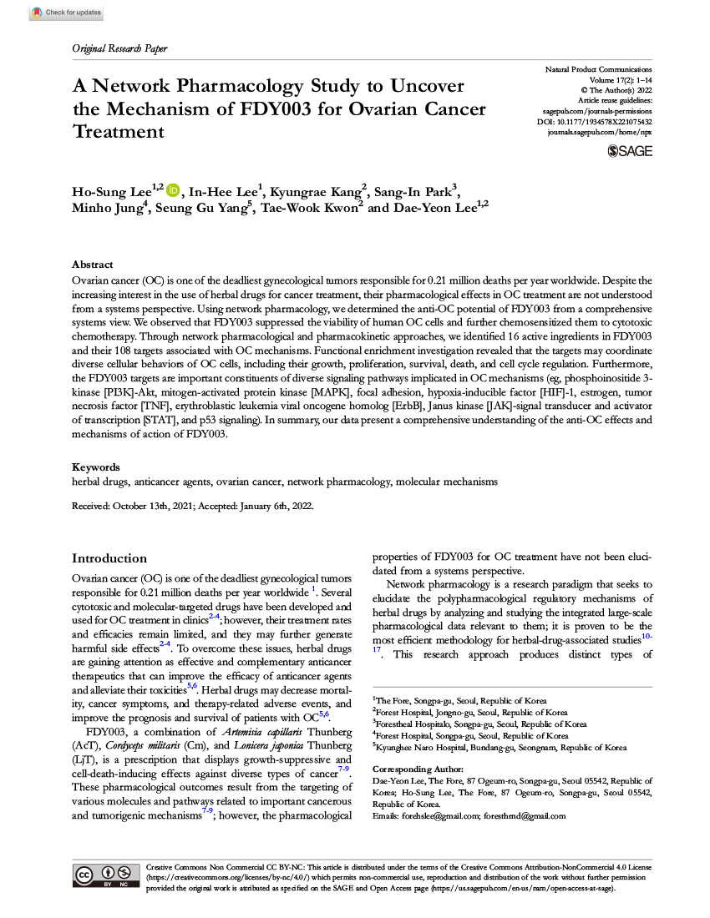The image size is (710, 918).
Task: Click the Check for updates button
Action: [66, 13]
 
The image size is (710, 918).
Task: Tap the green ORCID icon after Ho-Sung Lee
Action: [173, 191]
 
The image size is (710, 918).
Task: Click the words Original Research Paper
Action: [119, 48]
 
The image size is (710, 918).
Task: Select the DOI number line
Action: [594, 122]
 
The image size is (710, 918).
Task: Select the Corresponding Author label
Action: [415, 769]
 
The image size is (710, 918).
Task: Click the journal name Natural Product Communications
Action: [598, 68]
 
